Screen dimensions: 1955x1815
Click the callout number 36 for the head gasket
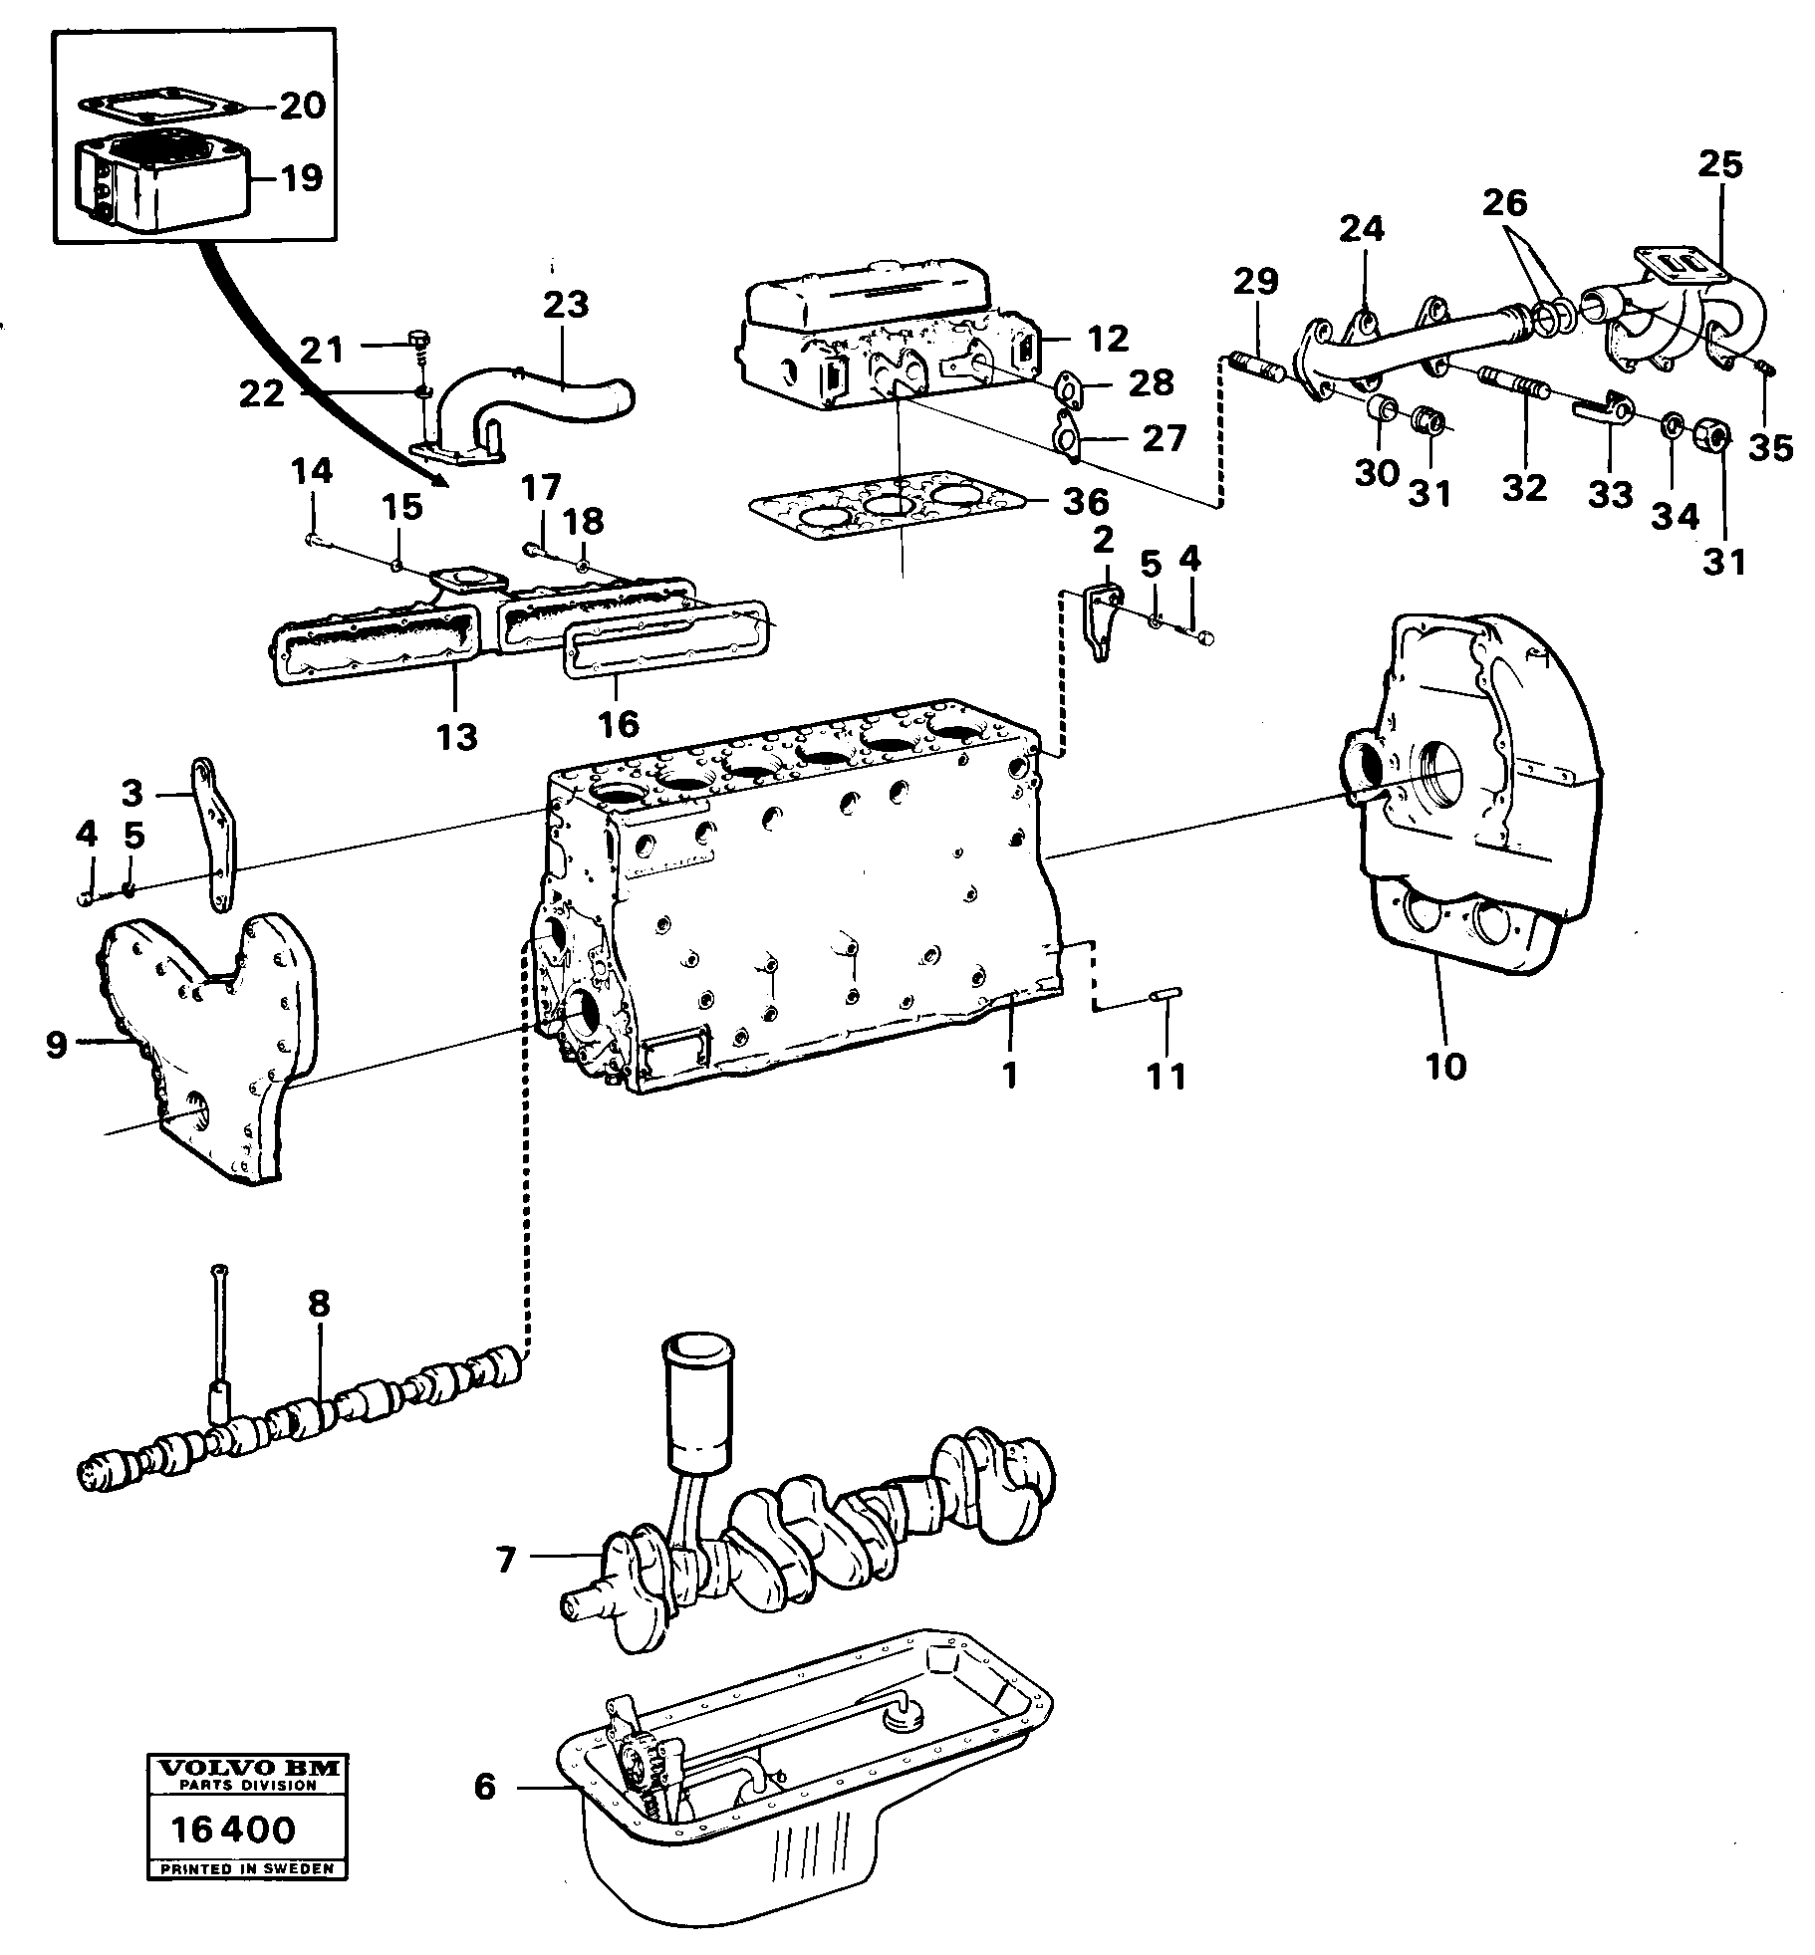1084,502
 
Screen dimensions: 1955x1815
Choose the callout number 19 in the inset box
301,178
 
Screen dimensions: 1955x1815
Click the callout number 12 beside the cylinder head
1109,338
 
